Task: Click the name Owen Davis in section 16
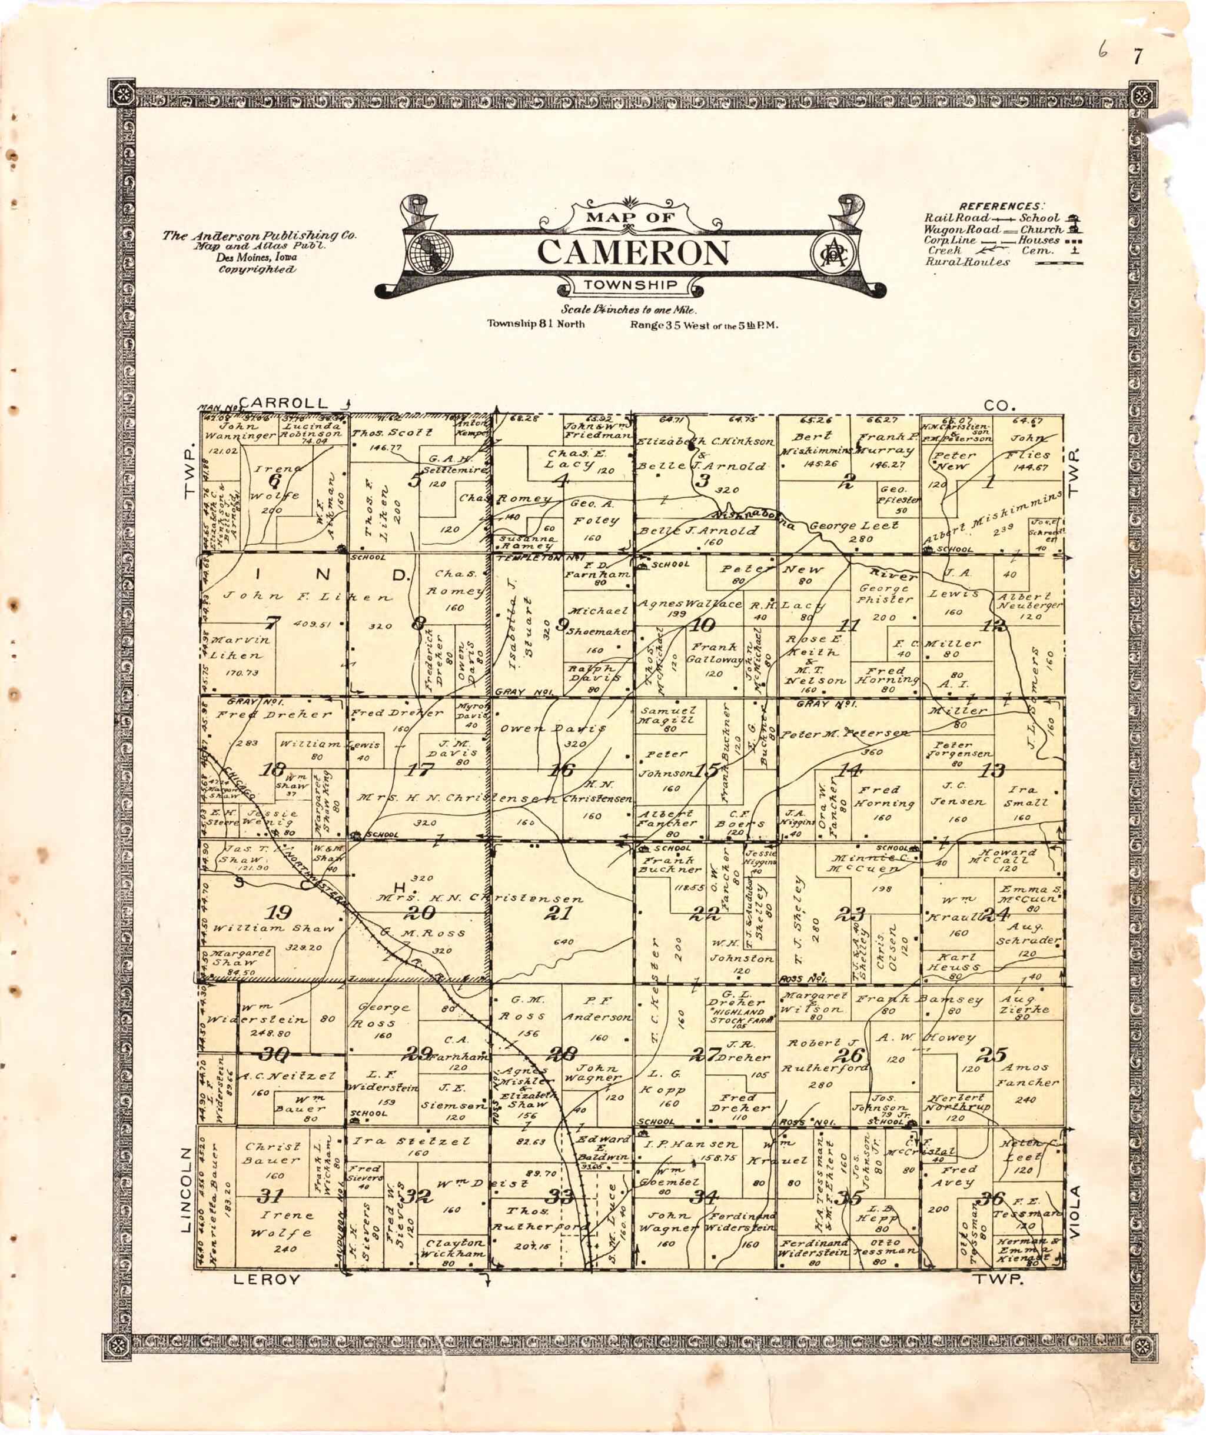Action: (554, 728)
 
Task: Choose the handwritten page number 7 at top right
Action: (1137, 58)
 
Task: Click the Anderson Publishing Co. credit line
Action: (260, 235)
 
